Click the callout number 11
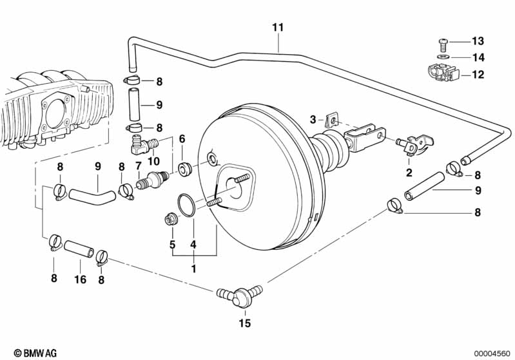(278, 27)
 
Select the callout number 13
(478, 41)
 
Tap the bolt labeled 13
(443, 44)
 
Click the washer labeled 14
(443, 57)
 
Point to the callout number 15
(245, 323)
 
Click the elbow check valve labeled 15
(240, 296)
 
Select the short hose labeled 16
(79, 249)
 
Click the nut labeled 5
(170, 219)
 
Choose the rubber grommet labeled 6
(184, 168)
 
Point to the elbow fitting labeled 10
(144, 146)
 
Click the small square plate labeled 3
(333, 120)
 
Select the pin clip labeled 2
(414, 144)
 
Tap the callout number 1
(194, 269)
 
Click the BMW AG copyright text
(35, 353)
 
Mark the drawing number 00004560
(492, 354)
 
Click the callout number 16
(80, 279)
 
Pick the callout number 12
(478, 75)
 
